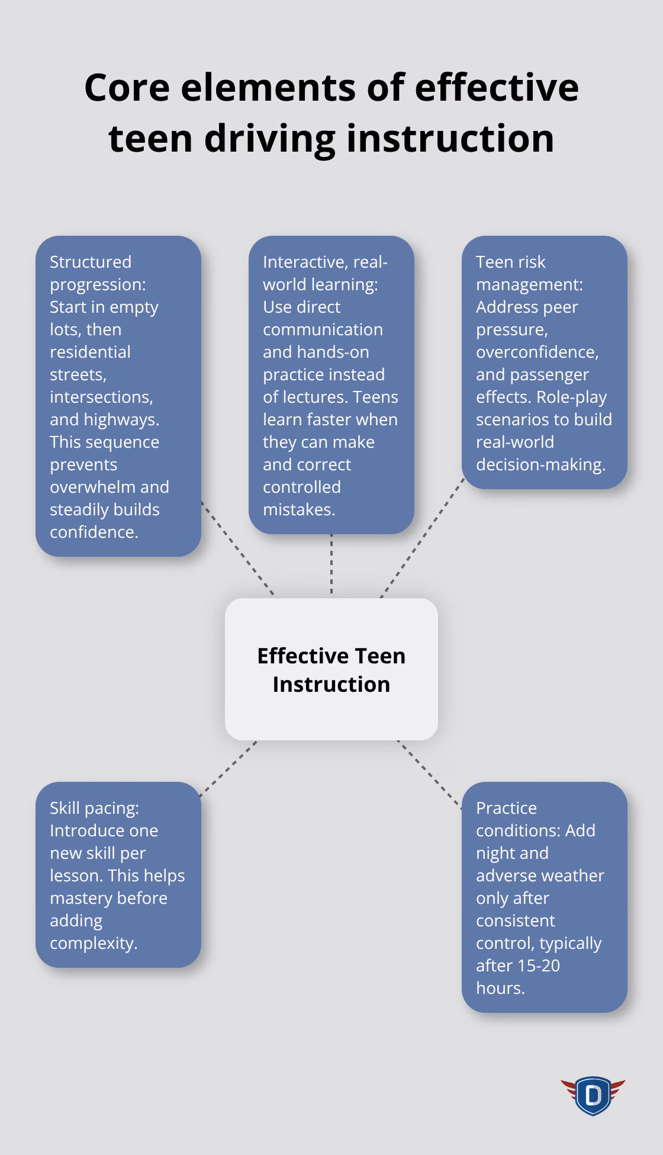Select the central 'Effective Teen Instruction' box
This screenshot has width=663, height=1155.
(x=331, y=669)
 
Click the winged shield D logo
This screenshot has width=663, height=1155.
(x=593, y=1096)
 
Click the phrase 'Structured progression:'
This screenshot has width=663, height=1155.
(x=98, y=273)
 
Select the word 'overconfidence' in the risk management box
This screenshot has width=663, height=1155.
(x=537, y=352)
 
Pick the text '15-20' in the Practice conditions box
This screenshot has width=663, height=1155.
(x=539, y=965)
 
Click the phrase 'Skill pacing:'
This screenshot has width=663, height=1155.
(x=94, y=808)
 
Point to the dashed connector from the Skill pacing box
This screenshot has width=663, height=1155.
(x=228, y=769)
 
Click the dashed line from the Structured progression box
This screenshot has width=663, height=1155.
(x=238, y=548)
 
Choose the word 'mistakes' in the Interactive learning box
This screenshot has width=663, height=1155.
(x=298, y=509)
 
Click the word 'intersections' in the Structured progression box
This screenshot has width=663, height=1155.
(x=101, y=397)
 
